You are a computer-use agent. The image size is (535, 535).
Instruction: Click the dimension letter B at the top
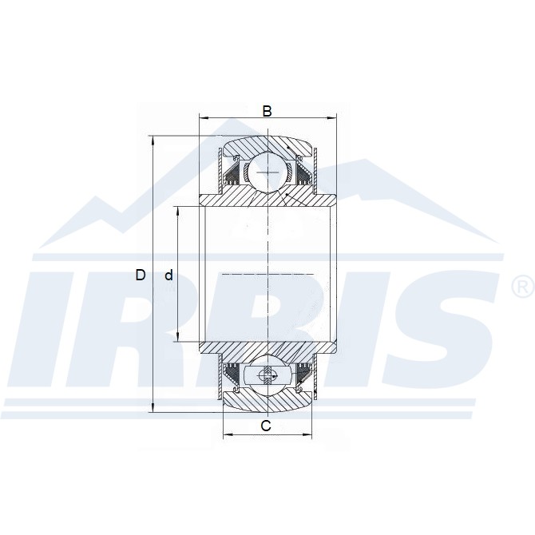(x=267, y=111)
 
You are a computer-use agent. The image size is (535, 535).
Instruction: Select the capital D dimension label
(x=141, y=275)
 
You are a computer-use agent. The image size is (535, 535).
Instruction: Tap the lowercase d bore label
(x=168, y=275)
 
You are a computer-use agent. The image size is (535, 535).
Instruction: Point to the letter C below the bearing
(x=266, y=426)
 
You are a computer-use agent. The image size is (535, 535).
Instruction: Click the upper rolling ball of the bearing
(x=267, y=172)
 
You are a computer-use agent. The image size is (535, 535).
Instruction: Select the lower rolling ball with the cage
(x=267, y=375)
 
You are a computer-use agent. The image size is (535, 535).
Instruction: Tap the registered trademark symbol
(x=522, y=286)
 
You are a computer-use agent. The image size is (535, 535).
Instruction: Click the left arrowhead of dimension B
(x=204, y=118)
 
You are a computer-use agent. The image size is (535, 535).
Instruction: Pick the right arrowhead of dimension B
(x=331, y=118)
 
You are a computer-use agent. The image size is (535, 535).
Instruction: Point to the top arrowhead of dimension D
(x=153, y=141)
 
